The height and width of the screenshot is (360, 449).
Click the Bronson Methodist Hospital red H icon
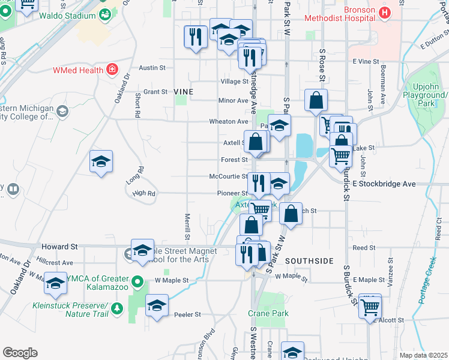coord(384,12)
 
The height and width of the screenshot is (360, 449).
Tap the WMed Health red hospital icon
coord(112,70)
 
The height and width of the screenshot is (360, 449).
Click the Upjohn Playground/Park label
coord(426,95)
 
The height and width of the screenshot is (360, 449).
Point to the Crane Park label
coord(268,313)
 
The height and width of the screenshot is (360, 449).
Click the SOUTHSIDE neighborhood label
coord(309,261)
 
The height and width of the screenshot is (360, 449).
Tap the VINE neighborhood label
coord(184,91)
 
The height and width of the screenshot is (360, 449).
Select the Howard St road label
coord(60,247)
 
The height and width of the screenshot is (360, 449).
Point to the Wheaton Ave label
coord(228,121)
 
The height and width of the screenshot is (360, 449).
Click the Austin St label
coord(152,68)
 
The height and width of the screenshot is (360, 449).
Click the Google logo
coord(20,353)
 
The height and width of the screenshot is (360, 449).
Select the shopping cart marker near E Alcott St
coord(370,307)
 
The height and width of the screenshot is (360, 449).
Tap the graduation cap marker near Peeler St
coord(157,307)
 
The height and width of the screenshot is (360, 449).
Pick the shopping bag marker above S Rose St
coord(316,101)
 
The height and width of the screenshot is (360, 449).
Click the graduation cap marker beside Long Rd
coord(101,161)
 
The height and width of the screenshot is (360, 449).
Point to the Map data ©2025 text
coord(423,355)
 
